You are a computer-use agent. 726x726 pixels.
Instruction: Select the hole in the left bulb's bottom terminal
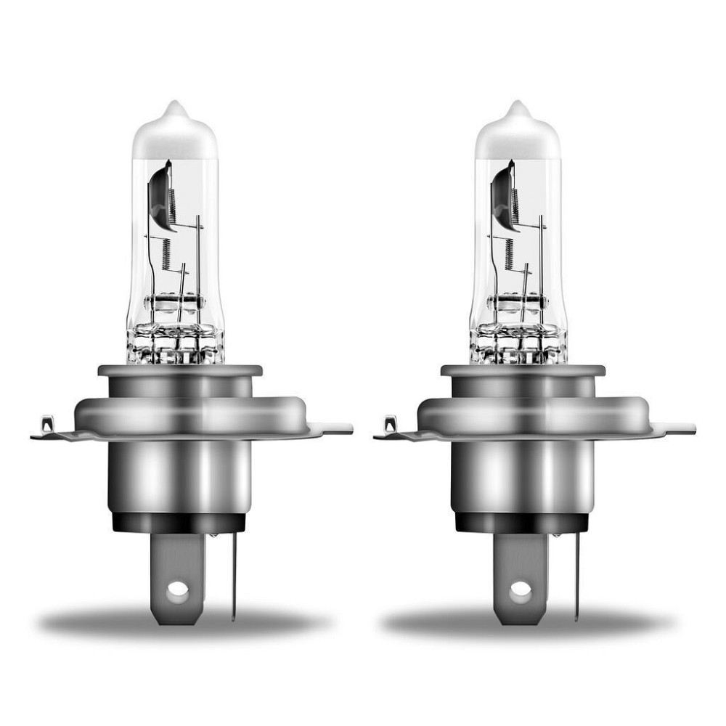point(177,590)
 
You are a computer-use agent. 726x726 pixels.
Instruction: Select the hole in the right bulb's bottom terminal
point(520,590)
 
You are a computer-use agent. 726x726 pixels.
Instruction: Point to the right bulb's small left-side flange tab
point(391,424)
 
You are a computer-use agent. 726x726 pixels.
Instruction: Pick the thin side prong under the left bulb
point(234,574)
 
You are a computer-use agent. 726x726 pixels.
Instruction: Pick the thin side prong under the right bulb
point(576,574)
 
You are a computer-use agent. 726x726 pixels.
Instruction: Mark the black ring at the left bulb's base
point(178,521)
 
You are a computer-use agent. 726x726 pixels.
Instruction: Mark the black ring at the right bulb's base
point(521,521)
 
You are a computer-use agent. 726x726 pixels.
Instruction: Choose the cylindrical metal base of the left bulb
point(178,476)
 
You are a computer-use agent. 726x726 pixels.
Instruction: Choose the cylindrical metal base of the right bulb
point(521,476)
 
